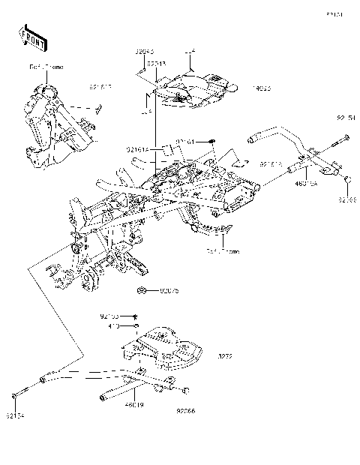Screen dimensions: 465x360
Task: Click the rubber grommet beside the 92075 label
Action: tap(142, 289)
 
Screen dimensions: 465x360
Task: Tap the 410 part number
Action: tap(114, 326)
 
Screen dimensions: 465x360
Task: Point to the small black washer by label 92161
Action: tap(212, 140)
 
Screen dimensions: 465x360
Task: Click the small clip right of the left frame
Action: tap(97, 107)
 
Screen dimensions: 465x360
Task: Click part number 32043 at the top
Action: tap(145, 52)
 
